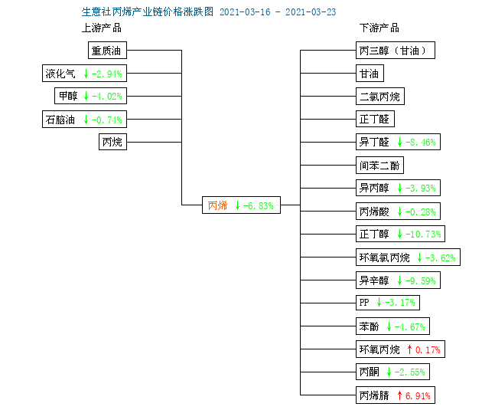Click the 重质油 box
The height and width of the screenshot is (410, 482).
(x=107, y=50)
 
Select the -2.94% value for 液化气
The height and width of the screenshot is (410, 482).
(x=107, y=74)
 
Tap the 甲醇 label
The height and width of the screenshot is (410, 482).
(x=68, y=96)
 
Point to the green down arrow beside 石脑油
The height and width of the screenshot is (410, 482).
(x=86, y=120)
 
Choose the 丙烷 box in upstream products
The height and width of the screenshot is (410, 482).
(x=112, y=142)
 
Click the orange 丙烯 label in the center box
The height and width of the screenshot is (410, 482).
(x=217, y=205)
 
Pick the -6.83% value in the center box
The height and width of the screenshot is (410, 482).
(x=259, y=205)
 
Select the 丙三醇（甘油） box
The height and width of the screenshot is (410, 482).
(x=396, y=50)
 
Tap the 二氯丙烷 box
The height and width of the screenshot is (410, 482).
(x=380, y=97)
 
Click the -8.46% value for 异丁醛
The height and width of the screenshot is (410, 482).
(x=421, y=143)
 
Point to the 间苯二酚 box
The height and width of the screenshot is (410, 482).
(x=379, y=166)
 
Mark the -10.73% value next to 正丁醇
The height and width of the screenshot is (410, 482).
(x=423, y=235)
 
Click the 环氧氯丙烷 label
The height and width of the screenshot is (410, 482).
(x=385, y=257)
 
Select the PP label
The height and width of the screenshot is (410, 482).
(x=364, y=303)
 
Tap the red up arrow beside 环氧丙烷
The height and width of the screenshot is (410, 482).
(x=409, y=349)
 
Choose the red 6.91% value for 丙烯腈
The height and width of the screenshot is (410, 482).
(x=418, y=395)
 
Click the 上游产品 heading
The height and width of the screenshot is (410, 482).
(x=102, y=28)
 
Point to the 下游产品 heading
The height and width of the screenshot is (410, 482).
(x=379, y=28)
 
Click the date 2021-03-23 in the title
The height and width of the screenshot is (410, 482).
(x=311, y=12)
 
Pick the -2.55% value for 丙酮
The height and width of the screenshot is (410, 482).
(x=410, y=372)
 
